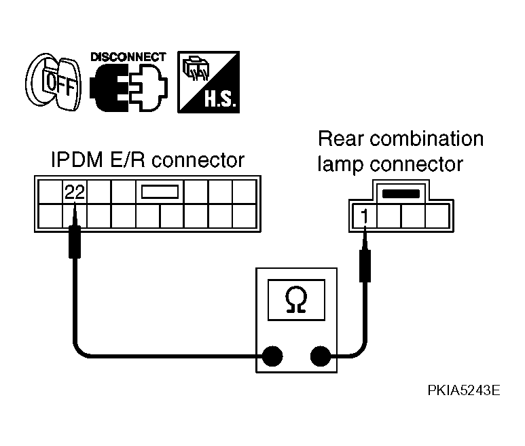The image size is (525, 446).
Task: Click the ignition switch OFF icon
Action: coord(54,82)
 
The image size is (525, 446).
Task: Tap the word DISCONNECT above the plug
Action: coord(128,57)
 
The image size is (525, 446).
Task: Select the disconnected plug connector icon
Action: coord(128,88)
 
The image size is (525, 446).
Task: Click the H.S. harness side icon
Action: coord(209,82)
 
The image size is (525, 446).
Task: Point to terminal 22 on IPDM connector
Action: coord(75,192)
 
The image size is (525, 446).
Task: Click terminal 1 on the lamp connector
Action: coord(365,216)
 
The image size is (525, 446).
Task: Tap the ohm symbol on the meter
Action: coord(296,300)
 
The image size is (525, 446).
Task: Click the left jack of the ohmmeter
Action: coord(272,356)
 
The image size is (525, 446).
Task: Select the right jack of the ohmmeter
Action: coord(321,356)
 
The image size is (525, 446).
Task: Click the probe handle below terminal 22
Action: coord(75,242)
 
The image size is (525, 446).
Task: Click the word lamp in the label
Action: coord(340,164)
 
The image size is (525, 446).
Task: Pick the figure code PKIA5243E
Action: coord(464,390)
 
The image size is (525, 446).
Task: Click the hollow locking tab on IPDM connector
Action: coord(160,192)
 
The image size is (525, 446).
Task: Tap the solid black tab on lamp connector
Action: coord(401,194)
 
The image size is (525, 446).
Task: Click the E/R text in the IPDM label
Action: coord(128,160)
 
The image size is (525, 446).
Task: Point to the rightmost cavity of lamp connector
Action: coord(437,216)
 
